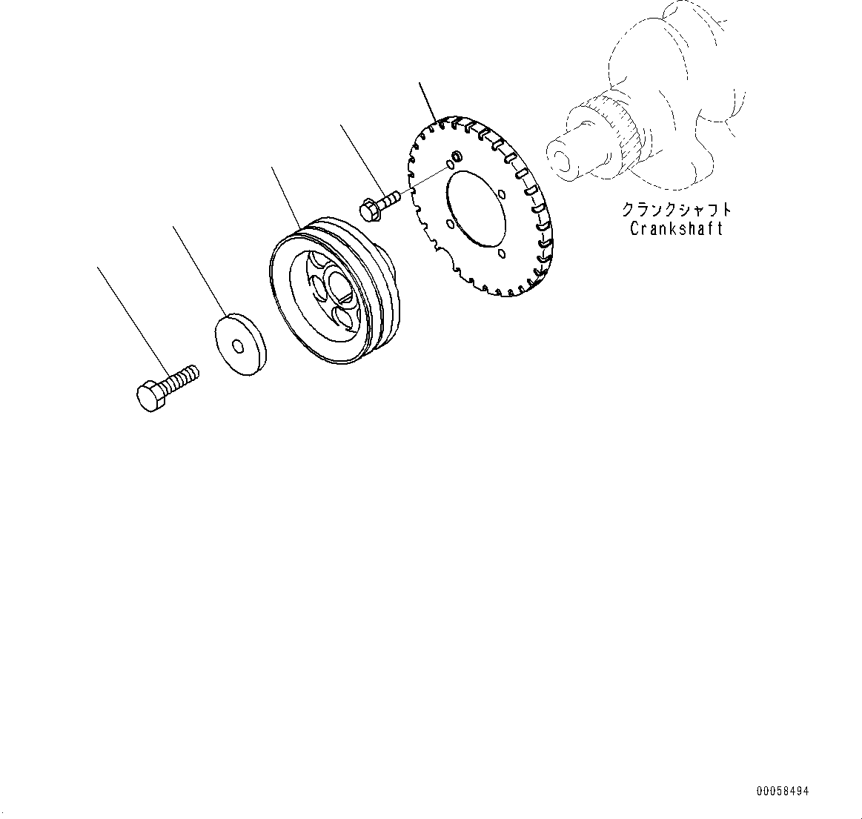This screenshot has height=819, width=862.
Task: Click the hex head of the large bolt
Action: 152,396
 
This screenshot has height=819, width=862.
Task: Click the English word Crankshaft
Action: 676,228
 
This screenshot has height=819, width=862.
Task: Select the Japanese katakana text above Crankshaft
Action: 676,210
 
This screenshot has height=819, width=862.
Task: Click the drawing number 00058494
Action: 783,792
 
